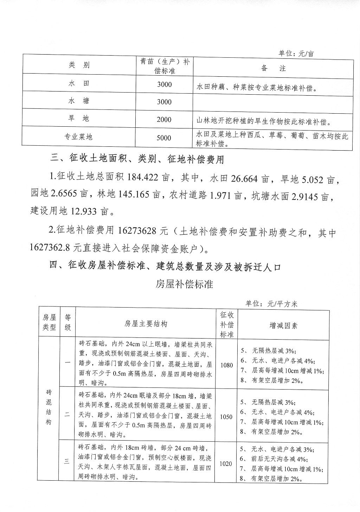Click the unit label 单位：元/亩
coord(296,53)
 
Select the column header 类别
coord(79,65)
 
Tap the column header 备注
coord(273,68)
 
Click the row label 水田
coord(79,84)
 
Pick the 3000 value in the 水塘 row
coord(164,102)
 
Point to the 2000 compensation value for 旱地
coord(164,120)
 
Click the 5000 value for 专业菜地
coord(164,138)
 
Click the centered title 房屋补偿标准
coord(184,284)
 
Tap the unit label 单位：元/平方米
coord(271,304)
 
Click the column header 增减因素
coord(283,325)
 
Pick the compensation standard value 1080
coord(226,365)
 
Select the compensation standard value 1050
coord(226,417)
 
